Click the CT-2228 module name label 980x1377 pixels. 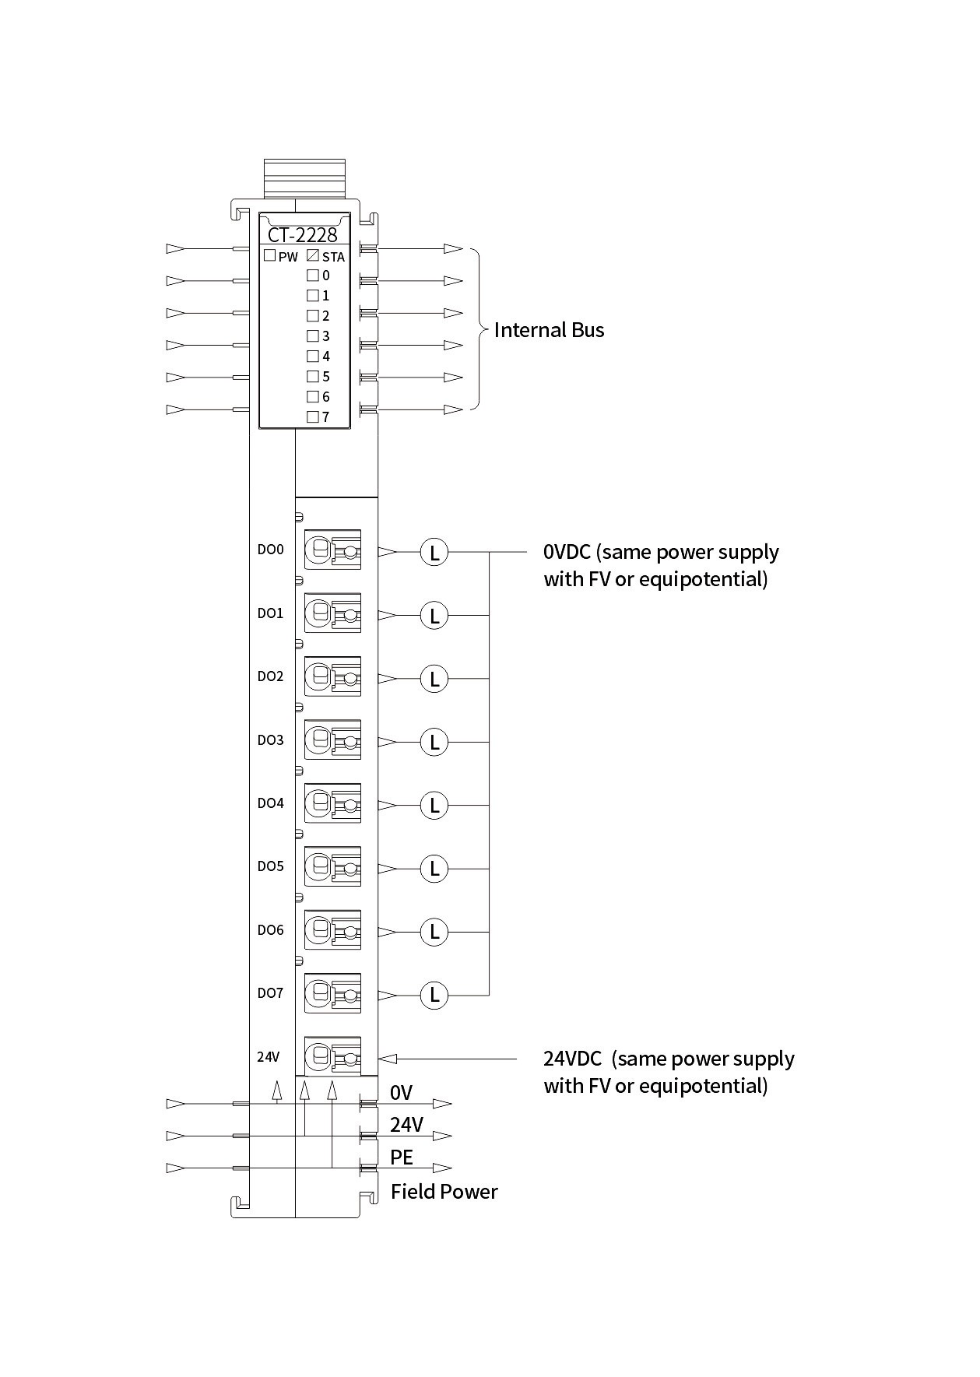(x=303, y=235)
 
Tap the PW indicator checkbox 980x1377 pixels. (x=269, y=255)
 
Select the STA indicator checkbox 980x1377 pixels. (x=313, y=255)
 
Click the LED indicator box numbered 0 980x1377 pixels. (x=313, y=275)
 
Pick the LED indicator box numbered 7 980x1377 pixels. (x=313, y=416)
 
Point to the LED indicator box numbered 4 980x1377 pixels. (x=313, y=356)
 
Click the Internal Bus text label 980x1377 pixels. (x=549, y=330)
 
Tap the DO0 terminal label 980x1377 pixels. (x=270, y=550)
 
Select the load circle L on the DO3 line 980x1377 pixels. (x=434, y=742)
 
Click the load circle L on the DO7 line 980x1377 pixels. (x=434, y=995)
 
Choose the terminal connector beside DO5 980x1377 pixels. (x=332, y=866)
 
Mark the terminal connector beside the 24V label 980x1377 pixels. (x=332, y=1057)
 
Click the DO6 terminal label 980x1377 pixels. (x=270, y=930)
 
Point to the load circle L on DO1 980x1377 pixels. (x=434, y=616)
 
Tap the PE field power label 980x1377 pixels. (x=402, y=1157)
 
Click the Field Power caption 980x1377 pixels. (x=444, y=1192)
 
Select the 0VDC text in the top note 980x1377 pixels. (x=567, y=552)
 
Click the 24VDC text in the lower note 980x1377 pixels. (x=572, y=1059)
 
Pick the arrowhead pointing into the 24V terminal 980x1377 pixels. (x=388, y=1059)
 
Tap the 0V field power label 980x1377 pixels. (x=401, y=1093)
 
